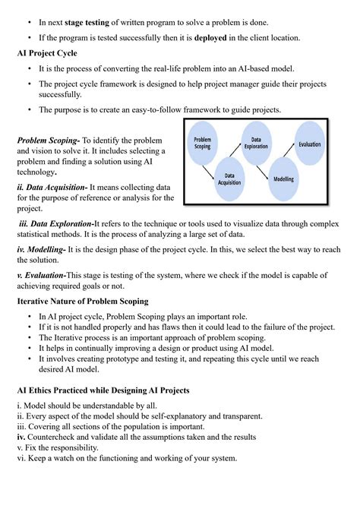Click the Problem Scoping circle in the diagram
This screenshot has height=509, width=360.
click(203, 143)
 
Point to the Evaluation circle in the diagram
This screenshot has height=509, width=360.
click(310, 144)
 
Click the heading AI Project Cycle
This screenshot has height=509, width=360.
click(47, 53)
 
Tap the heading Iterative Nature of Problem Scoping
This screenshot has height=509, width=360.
click(83, 302)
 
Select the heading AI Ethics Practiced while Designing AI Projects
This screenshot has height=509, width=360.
click(103, 390)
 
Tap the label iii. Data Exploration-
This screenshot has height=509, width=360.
click(55, 223)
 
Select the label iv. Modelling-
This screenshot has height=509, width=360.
click(41, 249)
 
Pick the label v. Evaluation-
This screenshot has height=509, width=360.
click(42, 275)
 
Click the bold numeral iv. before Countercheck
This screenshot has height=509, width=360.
click(21, 437)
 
